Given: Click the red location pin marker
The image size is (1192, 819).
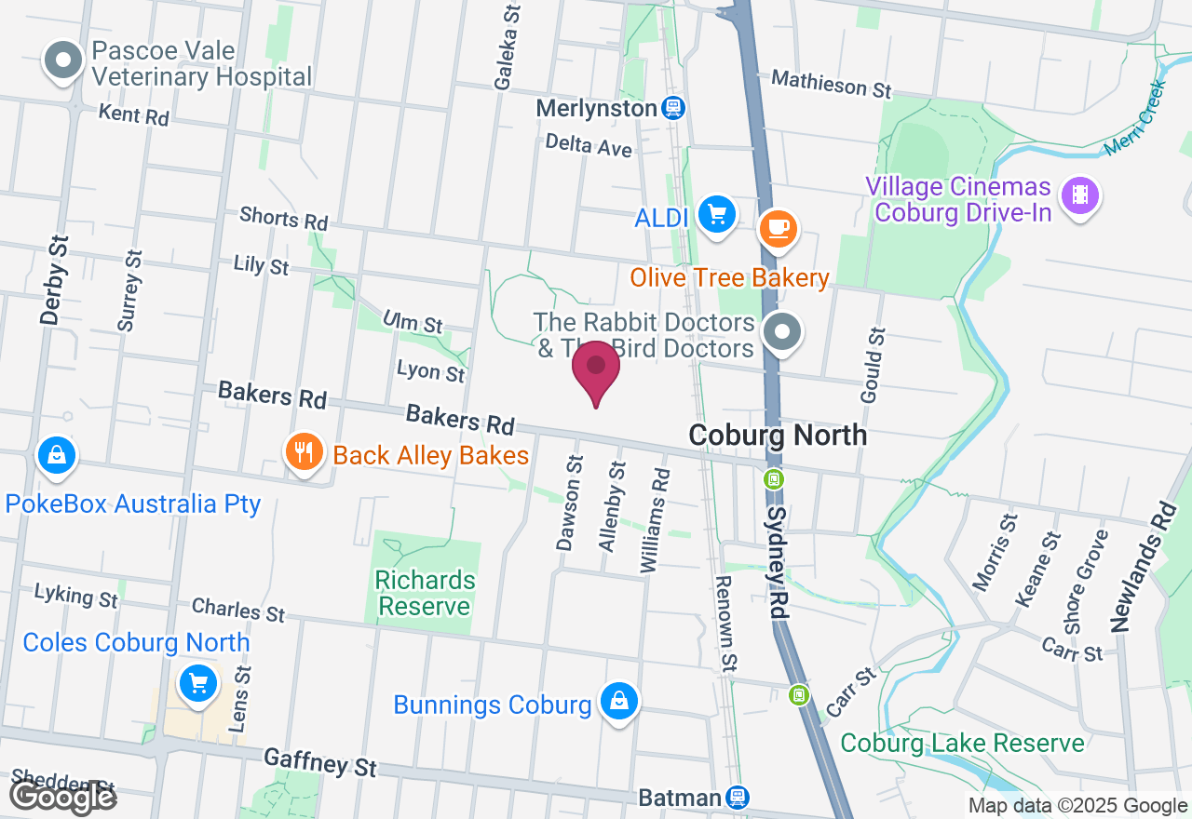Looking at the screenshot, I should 596,369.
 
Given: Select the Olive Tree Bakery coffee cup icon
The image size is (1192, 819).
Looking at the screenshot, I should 778,228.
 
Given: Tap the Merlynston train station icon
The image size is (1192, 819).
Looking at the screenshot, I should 673,108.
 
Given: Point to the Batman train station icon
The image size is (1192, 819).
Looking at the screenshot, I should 738,797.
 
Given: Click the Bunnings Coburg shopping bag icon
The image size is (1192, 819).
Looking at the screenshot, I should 618,701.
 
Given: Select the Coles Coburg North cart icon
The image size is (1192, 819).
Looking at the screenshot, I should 197,685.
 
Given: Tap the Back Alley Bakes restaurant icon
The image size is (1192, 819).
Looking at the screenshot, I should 304,453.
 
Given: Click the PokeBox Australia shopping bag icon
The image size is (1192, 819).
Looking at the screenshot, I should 57,455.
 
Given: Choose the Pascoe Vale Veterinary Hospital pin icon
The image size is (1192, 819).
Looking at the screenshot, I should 63,61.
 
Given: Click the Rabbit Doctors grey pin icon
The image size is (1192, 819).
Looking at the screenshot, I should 783,332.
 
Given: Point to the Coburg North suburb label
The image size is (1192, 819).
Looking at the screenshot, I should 778,435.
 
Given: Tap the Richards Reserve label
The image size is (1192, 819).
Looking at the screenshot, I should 425,594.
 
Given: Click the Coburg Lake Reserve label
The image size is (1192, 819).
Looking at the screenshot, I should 962,744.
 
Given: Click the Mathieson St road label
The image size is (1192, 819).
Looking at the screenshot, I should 832,85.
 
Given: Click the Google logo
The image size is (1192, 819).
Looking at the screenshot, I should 62,796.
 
